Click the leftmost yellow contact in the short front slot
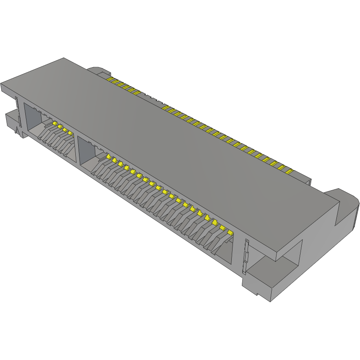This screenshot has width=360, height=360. [x=54, y=122]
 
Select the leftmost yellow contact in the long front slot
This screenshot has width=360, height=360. [x=108, y=156]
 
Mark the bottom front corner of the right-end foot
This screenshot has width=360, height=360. [x=271, y=302]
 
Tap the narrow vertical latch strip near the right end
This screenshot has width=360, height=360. [x=246, y=257]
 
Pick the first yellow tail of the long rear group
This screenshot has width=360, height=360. [x=165, y=108]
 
